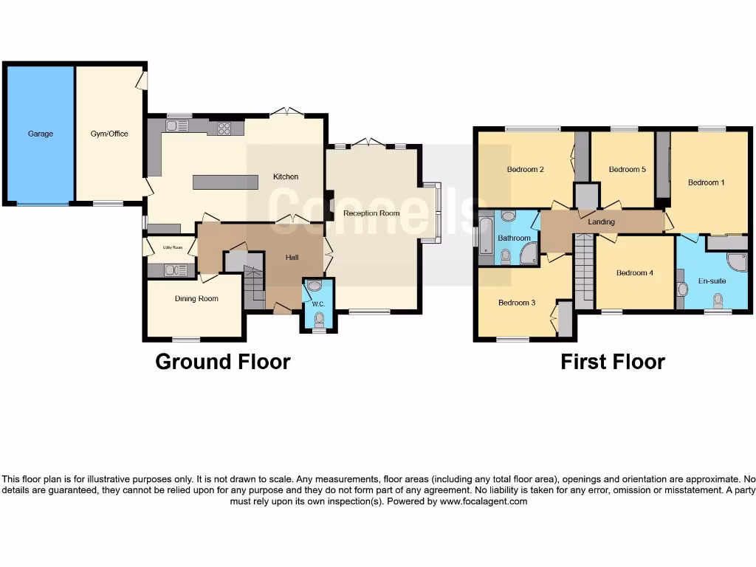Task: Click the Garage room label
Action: (x=41, y=134)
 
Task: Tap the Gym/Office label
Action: (x=109, y=134)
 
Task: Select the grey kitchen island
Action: (x=225, y=182)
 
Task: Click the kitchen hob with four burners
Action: (x=224, y=128)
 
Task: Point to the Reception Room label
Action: (x=371, y=213)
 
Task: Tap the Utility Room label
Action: (x=172, y=247)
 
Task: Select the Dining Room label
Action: (x=196, y=299)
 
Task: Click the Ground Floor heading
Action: (x=222, y=362)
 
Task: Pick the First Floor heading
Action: (x=612, y=362)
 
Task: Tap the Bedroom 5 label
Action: (x=627, y=169)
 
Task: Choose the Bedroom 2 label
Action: (x=525, y=169)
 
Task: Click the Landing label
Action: (x=602, y=221)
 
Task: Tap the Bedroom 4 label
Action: (x=634, y=272)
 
